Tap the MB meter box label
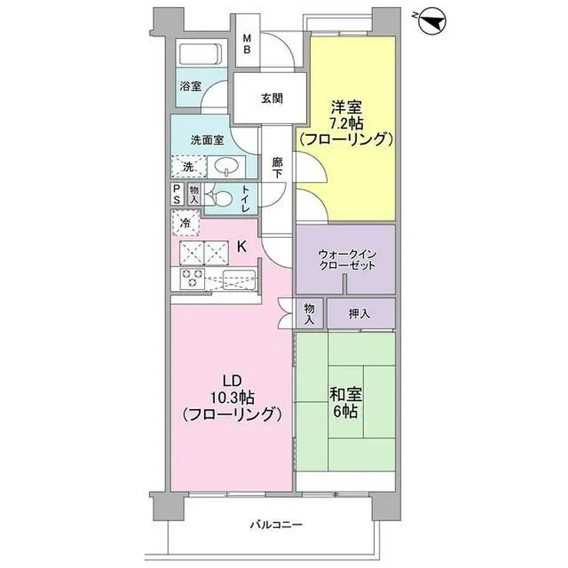click(247, 45)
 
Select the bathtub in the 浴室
click(199, 54)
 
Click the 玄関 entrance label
click(271, 98)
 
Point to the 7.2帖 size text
click(347, 123)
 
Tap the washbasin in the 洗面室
click(227, 166)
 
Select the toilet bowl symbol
click(222, 198)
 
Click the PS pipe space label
click(177, 193)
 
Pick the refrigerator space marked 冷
click(186, 223)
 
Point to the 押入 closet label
click(361, 312)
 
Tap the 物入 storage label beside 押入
click(309, 312)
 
